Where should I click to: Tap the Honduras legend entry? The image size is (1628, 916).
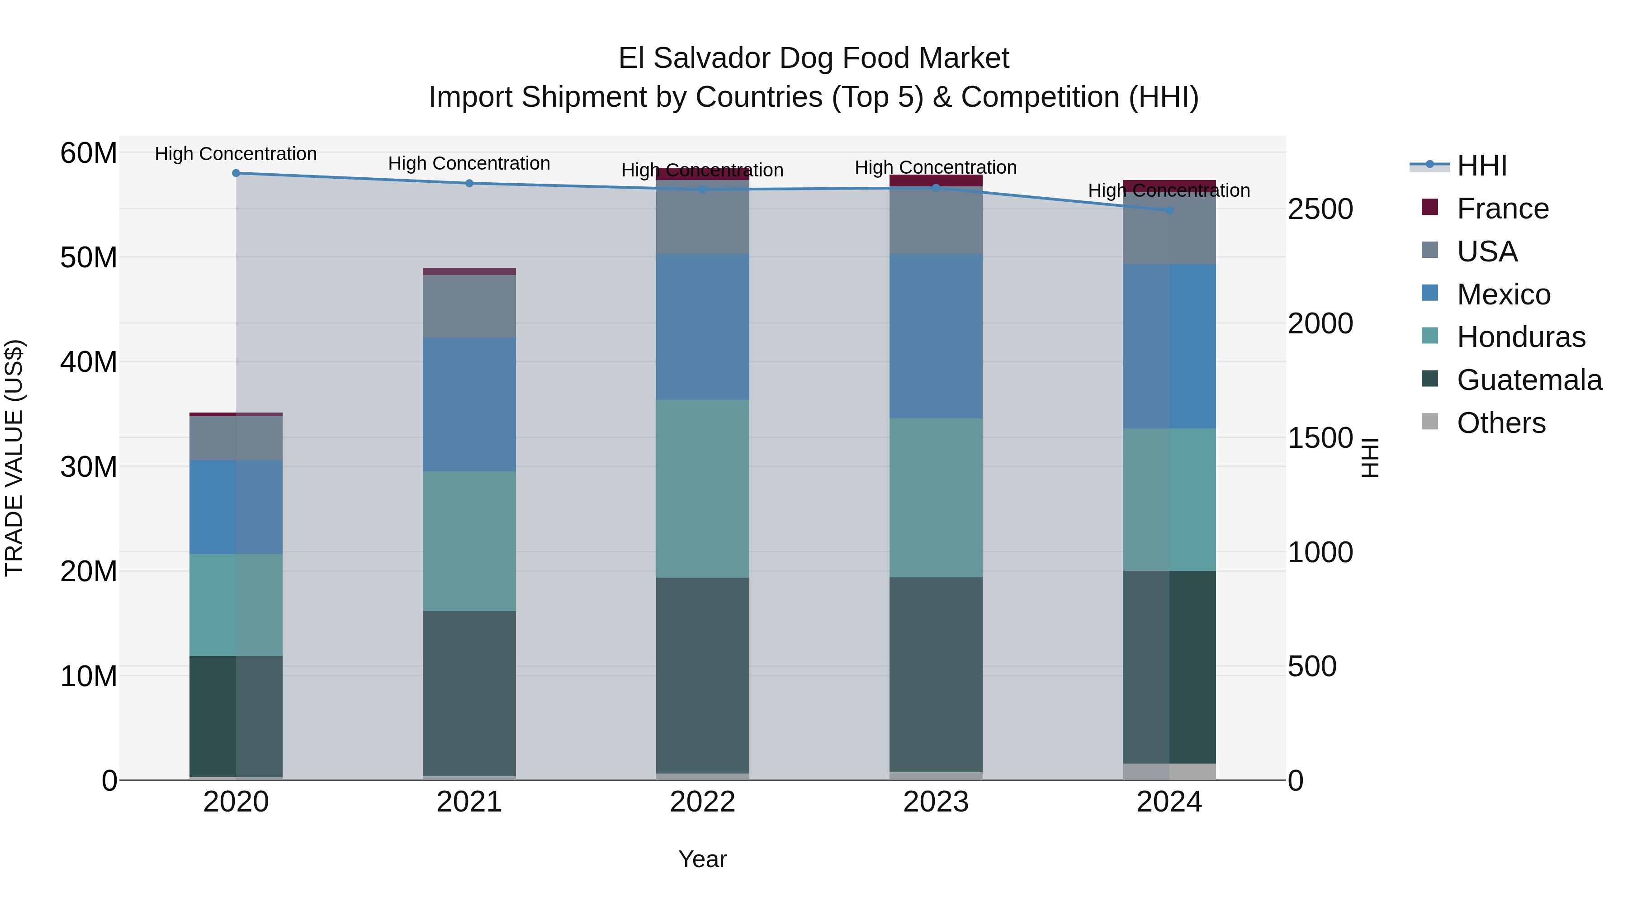(x=1520, y=337)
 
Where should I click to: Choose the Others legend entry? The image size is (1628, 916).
(x=1501, y=423)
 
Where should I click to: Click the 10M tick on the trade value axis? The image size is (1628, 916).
(x=89, y=676)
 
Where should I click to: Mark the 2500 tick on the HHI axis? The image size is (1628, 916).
(x=1320, y=209)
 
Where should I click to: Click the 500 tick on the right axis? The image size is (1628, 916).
(x=1312, y=666)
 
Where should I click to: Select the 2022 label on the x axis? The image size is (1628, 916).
(x=702, y=802)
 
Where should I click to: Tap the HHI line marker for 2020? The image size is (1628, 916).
(x=236, y=173)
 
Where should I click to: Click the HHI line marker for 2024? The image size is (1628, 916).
(x=1169, y=210)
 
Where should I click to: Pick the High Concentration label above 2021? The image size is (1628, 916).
(x=469, y=163)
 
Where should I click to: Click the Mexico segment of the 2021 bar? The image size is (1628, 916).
(x=469, y=404)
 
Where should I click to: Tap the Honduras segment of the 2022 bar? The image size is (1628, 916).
(x=702, y=488)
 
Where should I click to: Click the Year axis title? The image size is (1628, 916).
(x=702, y=859)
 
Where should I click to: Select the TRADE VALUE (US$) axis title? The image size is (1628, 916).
(x=14, y=458)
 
